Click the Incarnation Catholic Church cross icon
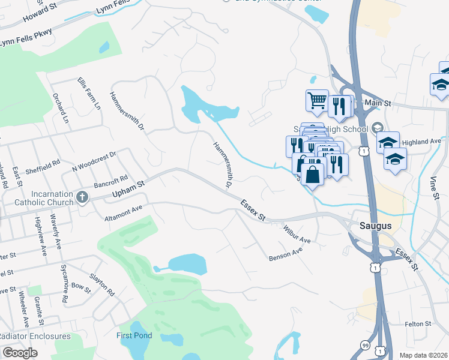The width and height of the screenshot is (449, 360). pos(82,197)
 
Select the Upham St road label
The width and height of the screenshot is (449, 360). pos(129,191)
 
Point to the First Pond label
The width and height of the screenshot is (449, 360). pos(134,335)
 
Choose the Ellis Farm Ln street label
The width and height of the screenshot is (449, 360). pos(89,94)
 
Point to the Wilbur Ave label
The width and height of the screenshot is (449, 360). pos(297,233)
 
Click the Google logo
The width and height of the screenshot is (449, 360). pos(20,352)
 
